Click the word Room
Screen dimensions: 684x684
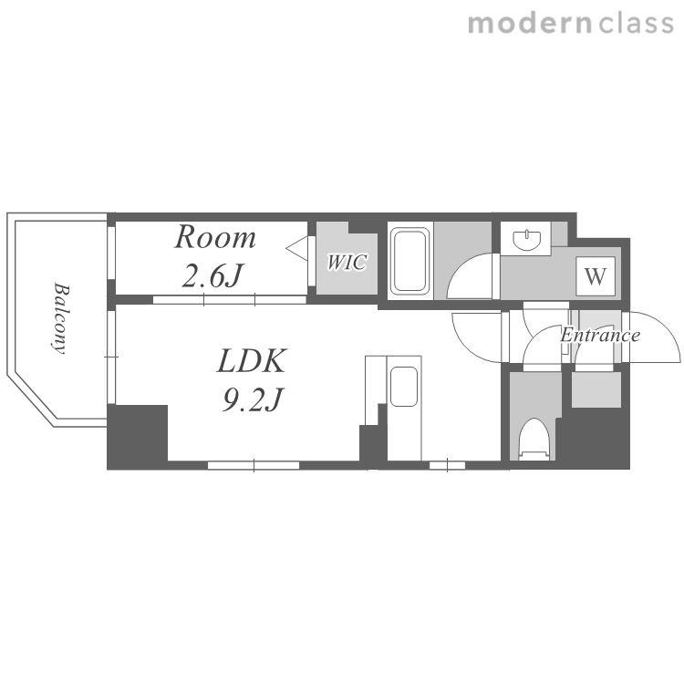tap(215, 238)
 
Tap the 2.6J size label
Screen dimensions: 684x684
tap(212, 275)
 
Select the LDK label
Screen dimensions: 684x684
tap(252, 361)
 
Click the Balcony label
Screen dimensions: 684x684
tap(60, 318)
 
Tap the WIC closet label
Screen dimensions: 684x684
tap(347, 262)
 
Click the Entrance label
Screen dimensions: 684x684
tap(600, 335)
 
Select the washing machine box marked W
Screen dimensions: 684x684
tap(596, 276)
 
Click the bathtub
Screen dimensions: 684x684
tap(409, 261)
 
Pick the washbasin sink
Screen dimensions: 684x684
tap(527, 240)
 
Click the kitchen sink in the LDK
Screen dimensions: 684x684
tap(404, 387)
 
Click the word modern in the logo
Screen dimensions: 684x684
tap(530, 24)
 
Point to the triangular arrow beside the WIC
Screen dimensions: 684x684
tap(297, 249)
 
